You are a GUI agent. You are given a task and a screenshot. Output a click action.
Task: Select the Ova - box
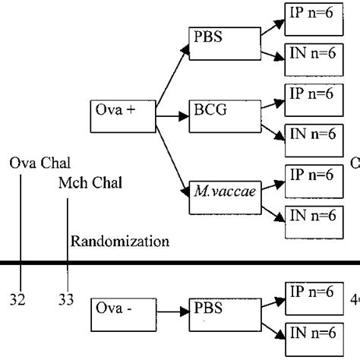pyautogui.click(x=122, y=310)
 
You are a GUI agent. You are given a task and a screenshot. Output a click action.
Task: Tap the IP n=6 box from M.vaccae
pyautogui.click(x=312, y=175)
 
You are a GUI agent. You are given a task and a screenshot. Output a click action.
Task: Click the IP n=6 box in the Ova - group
pyautogui.click(x=312, y=292)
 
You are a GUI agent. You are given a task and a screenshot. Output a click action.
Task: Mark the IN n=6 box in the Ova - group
pyautogui.click(x=312, y=331)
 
